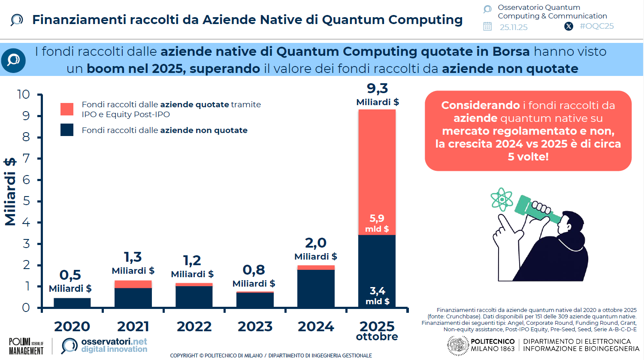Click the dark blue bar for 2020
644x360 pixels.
coord(72,303)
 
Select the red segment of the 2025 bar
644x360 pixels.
coord(377,172)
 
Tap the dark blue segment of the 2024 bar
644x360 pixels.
coord(316,288)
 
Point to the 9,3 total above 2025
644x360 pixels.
coord(377,88)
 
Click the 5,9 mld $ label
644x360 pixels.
coord(377,223)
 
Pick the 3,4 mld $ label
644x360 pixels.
coord(377,296)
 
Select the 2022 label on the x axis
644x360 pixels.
coord(194,327)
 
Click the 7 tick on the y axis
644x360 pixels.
coord(26,158)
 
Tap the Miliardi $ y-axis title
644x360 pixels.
coord(10,191)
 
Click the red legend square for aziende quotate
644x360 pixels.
coord(67,109)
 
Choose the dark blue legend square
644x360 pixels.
coord(67,130)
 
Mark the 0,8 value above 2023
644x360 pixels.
coord(254,270)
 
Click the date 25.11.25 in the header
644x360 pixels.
coord(514,27)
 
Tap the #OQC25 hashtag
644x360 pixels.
coord(596,26)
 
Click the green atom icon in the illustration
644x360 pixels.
coord(502,199)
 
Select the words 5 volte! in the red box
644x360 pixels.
coord(528,157)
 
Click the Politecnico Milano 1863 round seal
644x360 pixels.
coord(458,345)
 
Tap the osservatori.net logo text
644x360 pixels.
coord(114,342)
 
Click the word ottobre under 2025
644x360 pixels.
coord(377,337)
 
